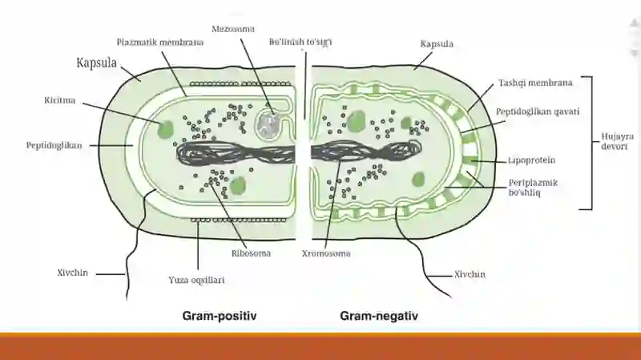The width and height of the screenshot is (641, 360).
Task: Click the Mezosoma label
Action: pyautogui.click(x=233, y=29)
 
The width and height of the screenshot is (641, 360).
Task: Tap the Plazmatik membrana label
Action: pyautogui.click(x=159, y=42)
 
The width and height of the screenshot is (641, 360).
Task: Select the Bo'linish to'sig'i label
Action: pyautogui.click(x=300, y=42)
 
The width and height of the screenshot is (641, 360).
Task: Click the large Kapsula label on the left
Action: pyautogui.click(x=96, y=63)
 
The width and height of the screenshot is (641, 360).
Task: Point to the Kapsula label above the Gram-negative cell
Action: pyautogui.click(x=437, y=44)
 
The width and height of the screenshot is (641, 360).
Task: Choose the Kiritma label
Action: pyautogui.click(x=59, y=100)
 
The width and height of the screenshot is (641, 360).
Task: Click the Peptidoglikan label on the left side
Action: pyautogui.click(x=54, y=146)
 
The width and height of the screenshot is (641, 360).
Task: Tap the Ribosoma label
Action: pyautogui.click(x=251, y=253)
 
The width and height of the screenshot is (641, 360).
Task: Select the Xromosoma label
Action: pyautogui.click(x=326, y=253)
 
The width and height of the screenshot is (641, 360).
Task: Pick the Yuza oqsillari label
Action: pyautogui.click(x=196, y=281)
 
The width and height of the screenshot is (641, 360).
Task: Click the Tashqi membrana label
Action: pyautogui.click(x=535, y=83)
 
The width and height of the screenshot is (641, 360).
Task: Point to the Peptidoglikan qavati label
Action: pyautogui.click(x=538, y=111)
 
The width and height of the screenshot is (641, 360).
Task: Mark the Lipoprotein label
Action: pyautogui.click(x=531, y=160)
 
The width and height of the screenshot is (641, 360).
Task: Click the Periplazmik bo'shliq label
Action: pyautogui.click(x=533, y=188)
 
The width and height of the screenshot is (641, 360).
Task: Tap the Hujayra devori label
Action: pyautogui.click(x=617, y=141)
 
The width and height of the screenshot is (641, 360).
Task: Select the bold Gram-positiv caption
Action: pyautogui.click(x=220, y=316)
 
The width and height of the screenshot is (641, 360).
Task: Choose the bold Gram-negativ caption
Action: pyautogui.click(x=379, y=316)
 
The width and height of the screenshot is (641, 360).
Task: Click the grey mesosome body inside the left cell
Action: pyautogui.click(x=268, y=125)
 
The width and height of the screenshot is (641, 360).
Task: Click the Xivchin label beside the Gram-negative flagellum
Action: pyautogui.click(x=470, y=274)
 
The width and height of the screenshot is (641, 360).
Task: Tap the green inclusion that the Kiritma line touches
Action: pyautogui.click(x=166, y=129)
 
